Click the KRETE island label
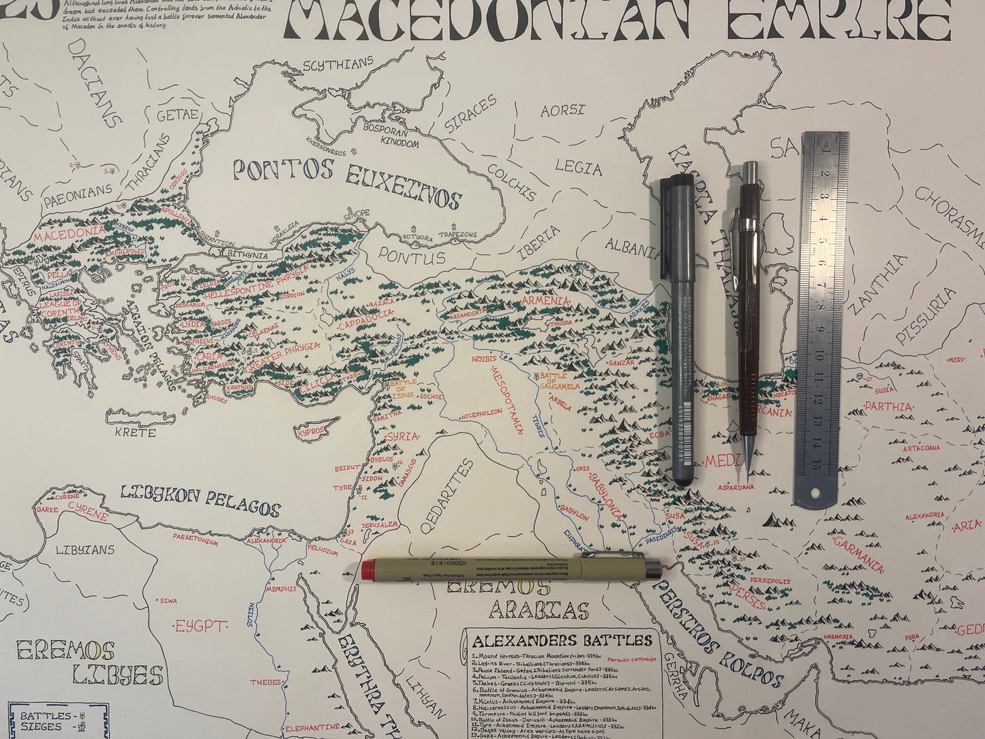pos(135,432)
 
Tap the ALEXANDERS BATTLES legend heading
pos(562,641)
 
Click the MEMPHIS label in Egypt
pos(282,588)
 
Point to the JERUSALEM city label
pos(380,525)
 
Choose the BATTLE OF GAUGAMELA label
pos(561,381)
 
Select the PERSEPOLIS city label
pos(770,582)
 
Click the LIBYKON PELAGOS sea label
pos(200,500)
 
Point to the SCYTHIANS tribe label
pos(338,65)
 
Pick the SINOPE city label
pos(357,213)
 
